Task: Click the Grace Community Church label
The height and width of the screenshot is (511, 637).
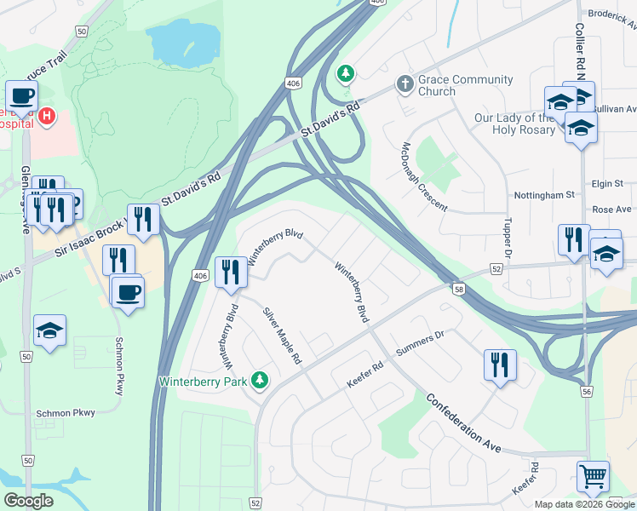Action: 466,85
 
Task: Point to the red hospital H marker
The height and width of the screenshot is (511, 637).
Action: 48,115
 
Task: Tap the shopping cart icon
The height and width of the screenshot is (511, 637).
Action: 593,475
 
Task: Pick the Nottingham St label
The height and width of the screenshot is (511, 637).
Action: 544,195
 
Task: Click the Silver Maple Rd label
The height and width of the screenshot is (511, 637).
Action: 283,336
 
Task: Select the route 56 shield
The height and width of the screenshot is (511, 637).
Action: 586,391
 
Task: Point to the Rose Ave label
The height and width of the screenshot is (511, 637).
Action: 611,210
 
